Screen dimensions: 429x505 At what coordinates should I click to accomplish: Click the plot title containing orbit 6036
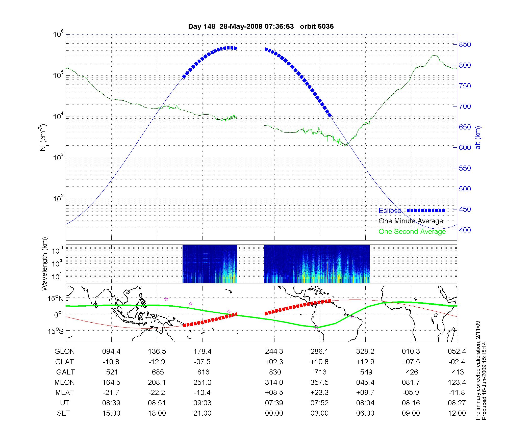[261, 26]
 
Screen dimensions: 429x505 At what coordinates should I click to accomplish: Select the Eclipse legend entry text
[390, 211]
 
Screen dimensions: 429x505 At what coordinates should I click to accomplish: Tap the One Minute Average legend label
[411, 221]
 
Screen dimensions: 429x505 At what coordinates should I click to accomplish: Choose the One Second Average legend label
[412, 232]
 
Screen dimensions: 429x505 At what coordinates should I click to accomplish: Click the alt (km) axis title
[478, 138]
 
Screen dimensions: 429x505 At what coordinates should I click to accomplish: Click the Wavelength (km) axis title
[44, 264]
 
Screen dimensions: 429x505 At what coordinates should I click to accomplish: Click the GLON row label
[65, 352]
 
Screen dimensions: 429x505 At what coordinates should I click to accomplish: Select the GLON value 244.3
[274, 352]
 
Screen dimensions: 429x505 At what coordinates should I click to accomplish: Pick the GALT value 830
[275, 372]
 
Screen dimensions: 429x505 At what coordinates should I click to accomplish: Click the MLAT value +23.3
[320, 393]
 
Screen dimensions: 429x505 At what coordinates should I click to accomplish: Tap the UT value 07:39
[274, 403]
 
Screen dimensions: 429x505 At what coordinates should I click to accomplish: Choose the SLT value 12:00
[457, 413]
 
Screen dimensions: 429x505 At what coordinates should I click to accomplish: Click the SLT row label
[63, 413]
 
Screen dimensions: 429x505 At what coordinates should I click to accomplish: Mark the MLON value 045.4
[365, 383]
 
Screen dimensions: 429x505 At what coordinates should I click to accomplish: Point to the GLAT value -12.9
[157, 362]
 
